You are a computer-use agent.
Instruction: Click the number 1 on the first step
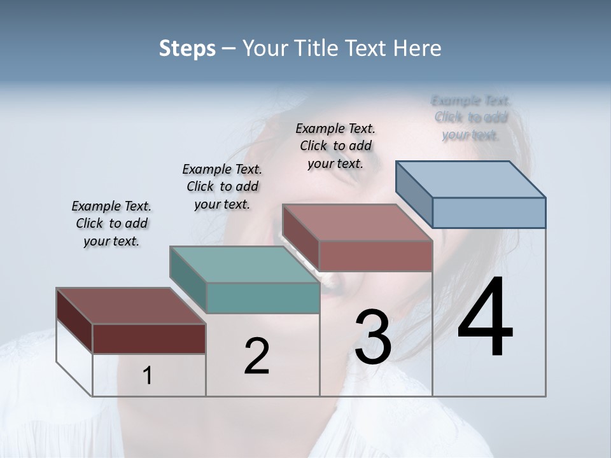pyautogui.click(x=148, y=376)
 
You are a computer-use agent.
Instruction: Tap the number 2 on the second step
pyautogui.click(x=256, y=356)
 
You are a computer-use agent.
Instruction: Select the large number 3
pyautogui.click(x=373, y=337)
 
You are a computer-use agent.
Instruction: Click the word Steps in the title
pyautogui.click(x=187, y=48)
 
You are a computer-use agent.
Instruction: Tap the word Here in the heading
pyautogui.click(x=418, y=48)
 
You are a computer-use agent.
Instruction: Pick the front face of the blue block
pyautogui.click(x=489, y=212)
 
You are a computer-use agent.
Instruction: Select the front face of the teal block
pyautogui.click(x=263, y=298)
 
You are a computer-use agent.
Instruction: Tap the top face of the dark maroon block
pyautogui.click(x=130, y=306)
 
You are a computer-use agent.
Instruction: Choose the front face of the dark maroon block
pyautogui.click(x=149, y=338)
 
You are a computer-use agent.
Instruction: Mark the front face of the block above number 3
pyautogui.click(x=376, y=256)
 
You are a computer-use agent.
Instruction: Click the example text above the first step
pyautogui.click(x=111, y=223)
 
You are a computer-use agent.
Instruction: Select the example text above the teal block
pyautogui.click(x=222, y=186)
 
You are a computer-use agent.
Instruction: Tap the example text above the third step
pyautogui.click(x=335, y=146)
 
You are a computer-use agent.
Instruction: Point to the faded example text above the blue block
pyautogui.click(x=470, y=118)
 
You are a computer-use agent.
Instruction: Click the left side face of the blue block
pyautogui.click(x=414, y=193)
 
